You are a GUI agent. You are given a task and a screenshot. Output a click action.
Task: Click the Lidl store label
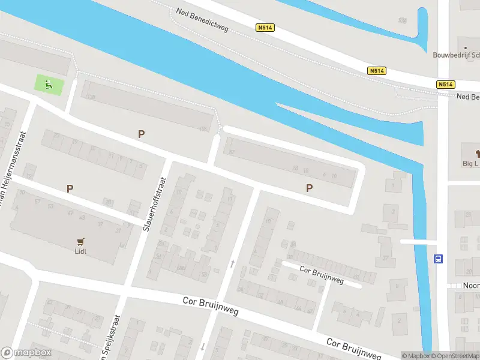click(80, 251)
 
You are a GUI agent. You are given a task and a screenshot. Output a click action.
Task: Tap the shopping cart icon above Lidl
click(80, 241)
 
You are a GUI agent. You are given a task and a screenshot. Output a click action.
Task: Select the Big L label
click(470, 163)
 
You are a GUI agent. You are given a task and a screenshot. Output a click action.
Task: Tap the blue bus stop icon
click(439, 259)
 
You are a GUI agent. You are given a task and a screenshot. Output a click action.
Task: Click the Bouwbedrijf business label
click(456, 55)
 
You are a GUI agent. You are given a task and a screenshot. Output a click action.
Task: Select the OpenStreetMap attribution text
click(455, 356)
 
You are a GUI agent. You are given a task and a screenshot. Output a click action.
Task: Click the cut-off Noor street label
click(471, 286)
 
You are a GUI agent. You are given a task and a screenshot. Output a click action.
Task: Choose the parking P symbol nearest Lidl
click(70, 188)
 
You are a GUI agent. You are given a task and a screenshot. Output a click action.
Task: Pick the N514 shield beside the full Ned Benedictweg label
click(264, 28)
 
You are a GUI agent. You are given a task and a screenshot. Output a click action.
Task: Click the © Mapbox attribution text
click(416, 356)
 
